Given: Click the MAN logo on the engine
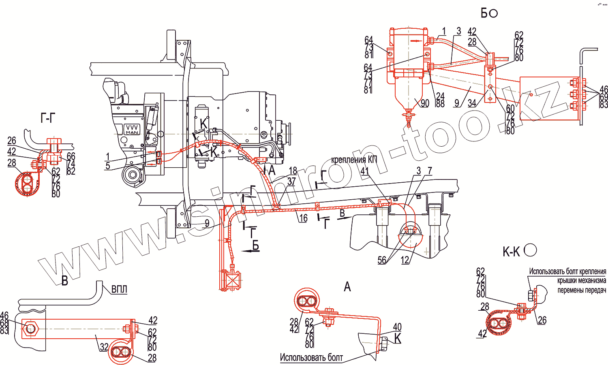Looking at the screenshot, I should coord(132,130).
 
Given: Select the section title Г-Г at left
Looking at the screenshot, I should coord(48,118).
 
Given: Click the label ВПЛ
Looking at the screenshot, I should coord(119,289).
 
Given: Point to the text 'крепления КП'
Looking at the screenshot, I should coord(354,160).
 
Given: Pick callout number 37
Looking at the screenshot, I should coord(291,182).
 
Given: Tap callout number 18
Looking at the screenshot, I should coord(293,171).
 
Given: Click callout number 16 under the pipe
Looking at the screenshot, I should coord(303,218).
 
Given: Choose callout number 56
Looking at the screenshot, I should coord(382,260).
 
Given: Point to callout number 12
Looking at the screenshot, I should coord(405,260).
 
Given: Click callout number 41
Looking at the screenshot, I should coord(365,171).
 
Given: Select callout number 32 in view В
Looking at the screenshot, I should coord(104,347).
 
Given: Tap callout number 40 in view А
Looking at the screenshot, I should coord(397,327).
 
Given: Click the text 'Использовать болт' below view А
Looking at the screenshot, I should coord(311,357).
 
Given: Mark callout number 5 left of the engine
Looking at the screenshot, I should coord(108,166).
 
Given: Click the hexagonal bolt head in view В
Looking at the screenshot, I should coord(30,328).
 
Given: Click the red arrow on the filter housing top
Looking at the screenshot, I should coord(415,41).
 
